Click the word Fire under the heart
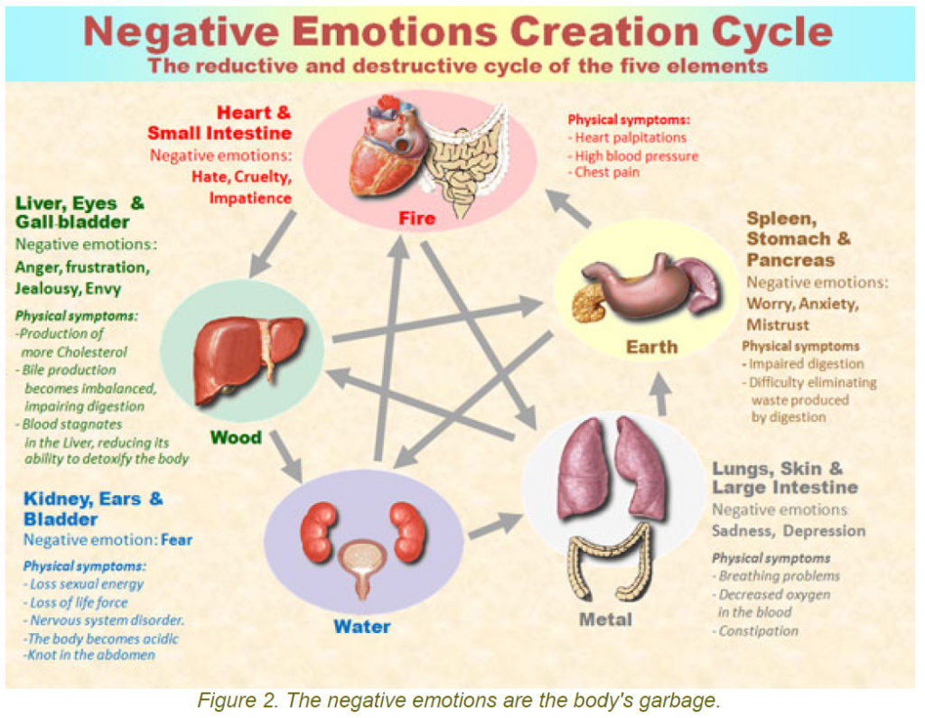(417, 219)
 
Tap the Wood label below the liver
(236, 438)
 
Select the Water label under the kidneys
(361, 626)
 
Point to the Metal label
(605, 620)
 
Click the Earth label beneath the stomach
(651, 347)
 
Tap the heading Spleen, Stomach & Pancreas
(799, 239)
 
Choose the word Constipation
(759, 630)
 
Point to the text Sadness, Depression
(788, 530)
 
